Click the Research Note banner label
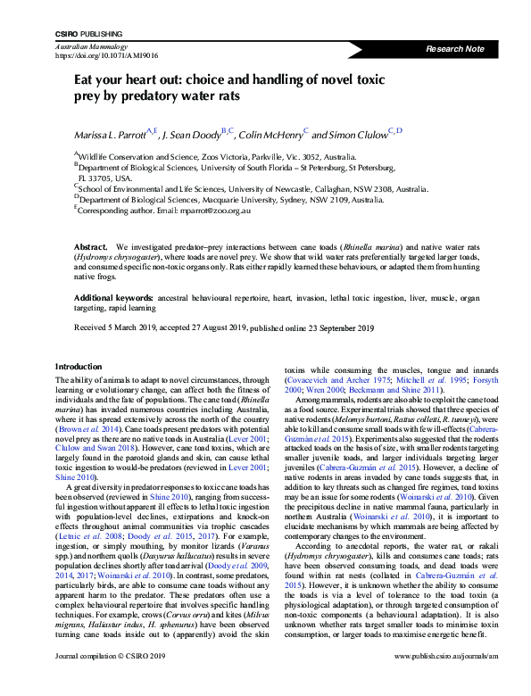[457, 48]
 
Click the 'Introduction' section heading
[79, 367]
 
